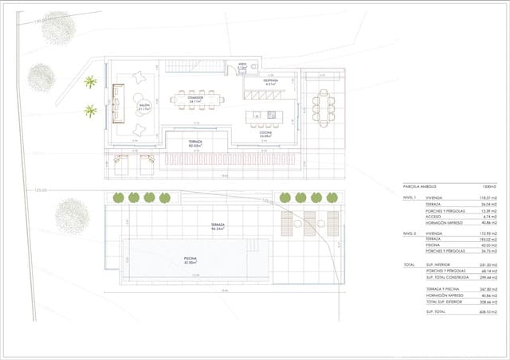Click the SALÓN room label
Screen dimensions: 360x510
point(145,106)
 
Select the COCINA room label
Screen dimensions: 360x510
point(266,135)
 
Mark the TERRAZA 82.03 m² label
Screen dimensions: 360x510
point(195,145)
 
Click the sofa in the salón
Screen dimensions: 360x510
point(119,104)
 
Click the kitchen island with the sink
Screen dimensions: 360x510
point(266,115)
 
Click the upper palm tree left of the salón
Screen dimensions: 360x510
point(91,81)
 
